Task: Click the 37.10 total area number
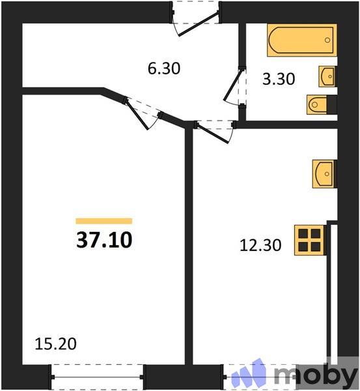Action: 104,240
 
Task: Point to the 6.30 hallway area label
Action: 163,68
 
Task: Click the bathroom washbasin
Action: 327,76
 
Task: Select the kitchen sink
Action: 323,173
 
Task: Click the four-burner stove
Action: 309,240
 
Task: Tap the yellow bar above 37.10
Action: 104,222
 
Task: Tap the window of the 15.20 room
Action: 98,376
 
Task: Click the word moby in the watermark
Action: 315,376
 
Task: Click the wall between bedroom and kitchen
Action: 189,248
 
